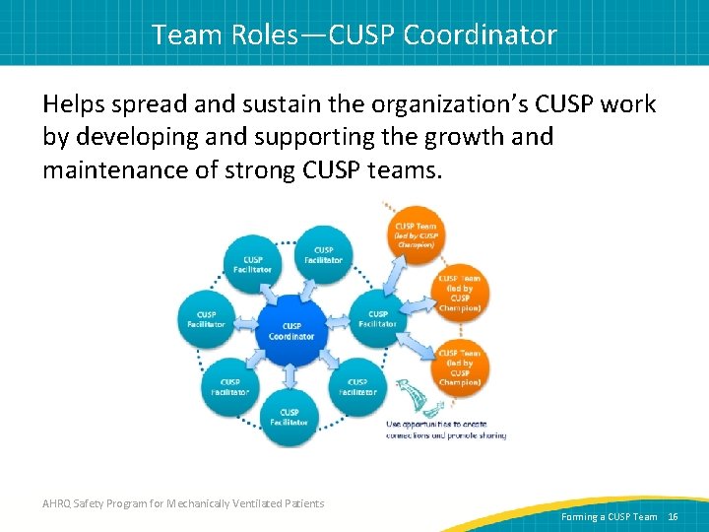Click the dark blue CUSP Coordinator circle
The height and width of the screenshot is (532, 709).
[291, 330]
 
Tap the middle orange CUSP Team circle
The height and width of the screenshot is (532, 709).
[459, 293]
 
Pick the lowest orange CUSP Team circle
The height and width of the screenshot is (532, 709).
[459, 366]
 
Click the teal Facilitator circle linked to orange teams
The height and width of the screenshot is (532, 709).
[377, 318]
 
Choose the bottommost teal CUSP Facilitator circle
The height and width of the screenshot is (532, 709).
[290, 417]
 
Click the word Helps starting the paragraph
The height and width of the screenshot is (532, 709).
[76, 104]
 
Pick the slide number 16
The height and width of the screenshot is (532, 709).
[674, 516]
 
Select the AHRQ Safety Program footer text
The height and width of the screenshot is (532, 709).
[183, 503]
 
